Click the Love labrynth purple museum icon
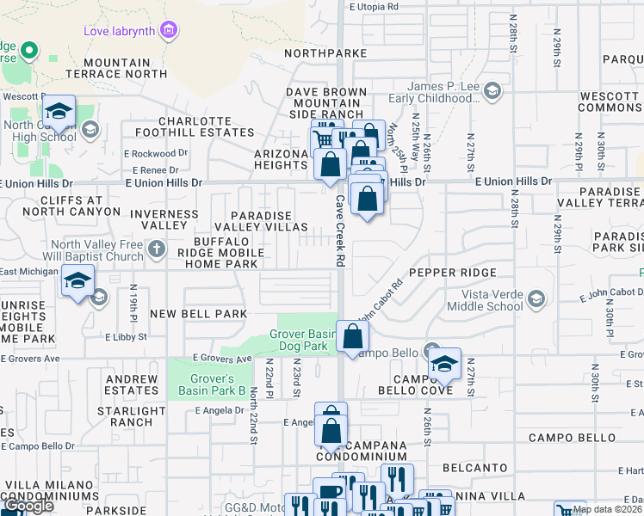[x=170, y=32]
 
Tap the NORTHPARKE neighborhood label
[x=326, y=53]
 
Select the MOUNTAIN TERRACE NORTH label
[x=126, y=68]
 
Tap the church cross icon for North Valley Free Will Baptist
[x=156, y=249]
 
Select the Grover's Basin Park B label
[x=206, y=384]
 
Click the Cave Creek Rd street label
[x=340, y=218]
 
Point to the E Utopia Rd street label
[x=375, y=6]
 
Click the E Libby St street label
[x=126, y=337]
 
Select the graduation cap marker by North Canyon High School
[x=59, y=112]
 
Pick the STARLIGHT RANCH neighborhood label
[x=126, y=416]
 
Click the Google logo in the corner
[x=28, y=507]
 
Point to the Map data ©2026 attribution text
[x=606, y=509]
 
